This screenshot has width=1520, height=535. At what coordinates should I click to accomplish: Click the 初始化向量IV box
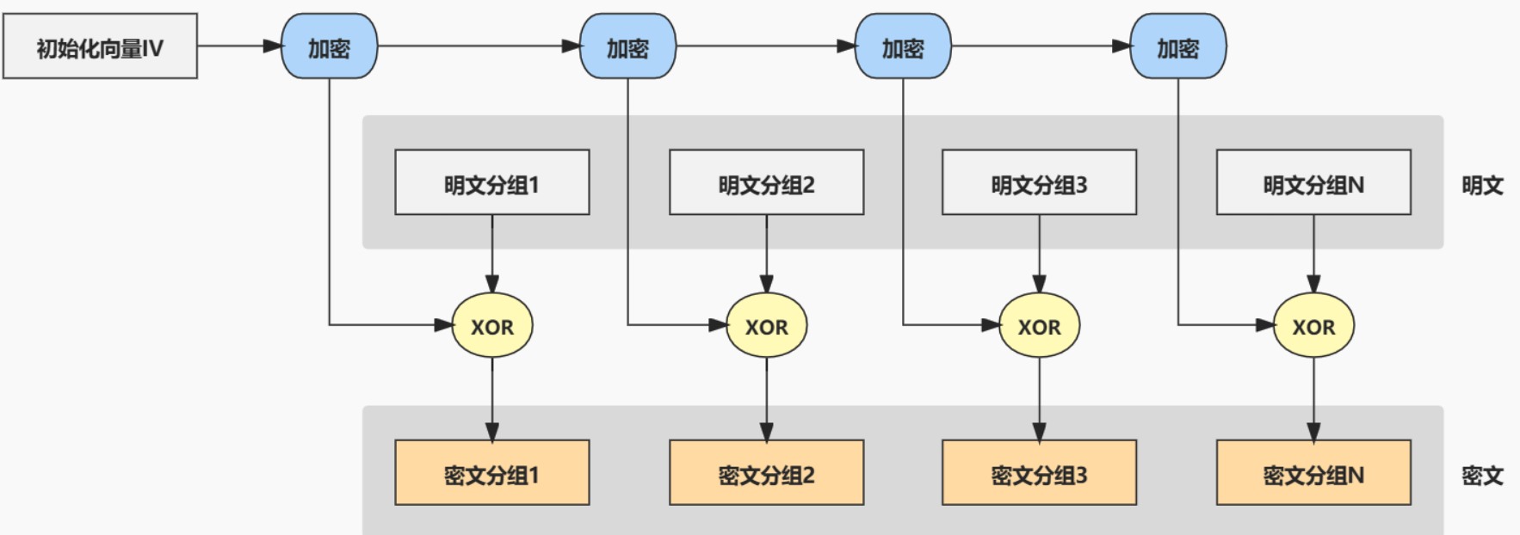(x=100, y=46)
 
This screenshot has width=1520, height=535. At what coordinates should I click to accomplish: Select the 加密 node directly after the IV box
(x=329, y=46)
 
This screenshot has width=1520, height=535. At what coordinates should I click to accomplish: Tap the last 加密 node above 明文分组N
(x=1177, y=46)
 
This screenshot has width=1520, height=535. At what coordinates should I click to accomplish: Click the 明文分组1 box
(x=491, y=182)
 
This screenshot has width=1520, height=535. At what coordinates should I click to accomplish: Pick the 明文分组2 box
(x=766, y=182)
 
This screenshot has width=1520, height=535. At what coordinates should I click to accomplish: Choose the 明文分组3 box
(x=1039, y=182)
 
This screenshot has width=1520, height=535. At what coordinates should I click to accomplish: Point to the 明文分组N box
(x=1313, y=182)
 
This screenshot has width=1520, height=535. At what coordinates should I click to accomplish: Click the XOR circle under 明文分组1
(x=492, y=325)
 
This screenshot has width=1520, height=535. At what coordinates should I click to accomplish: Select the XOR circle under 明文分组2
(x=766, y=325)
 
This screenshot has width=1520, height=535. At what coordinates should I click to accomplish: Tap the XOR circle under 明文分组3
(x=1039, y=325)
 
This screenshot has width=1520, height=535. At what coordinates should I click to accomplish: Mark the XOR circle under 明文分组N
(x=1313, y=325)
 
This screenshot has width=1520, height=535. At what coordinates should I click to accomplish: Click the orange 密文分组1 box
(x=491, y=472)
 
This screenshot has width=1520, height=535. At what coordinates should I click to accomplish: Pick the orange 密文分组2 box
(x=766, y=472)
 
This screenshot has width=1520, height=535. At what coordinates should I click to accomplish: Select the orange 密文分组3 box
(x=1039, y=472)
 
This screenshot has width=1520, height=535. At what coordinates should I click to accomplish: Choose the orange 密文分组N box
(x=1313, y=472)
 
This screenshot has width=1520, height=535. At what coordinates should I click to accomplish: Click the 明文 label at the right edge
(x=1481, y=185)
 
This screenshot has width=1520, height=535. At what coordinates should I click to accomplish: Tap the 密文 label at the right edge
(x=1481, y=475)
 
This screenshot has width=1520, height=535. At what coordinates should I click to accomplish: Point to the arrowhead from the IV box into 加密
(x=273, y=46)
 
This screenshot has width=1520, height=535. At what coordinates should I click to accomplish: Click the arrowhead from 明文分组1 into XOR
(x=492, y=284)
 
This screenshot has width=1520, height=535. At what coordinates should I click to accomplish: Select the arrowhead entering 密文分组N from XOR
(x=1313, y=432)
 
